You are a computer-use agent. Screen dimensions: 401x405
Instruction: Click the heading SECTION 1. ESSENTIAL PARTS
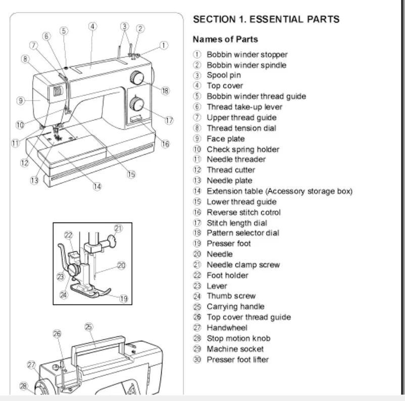[266, 19]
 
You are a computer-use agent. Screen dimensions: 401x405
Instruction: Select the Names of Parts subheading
[225, 39]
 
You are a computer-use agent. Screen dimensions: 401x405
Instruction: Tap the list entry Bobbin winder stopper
[247, 55]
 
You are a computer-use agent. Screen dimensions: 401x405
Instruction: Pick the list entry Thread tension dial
[241, 128]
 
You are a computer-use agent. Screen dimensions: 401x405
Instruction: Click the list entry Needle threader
[236, 159]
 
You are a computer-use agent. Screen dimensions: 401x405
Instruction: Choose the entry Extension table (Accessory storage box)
[279, 191]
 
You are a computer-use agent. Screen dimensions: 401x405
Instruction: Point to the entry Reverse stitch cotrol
[243, 212]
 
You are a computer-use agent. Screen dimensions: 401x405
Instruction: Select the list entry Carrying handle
[235, 306]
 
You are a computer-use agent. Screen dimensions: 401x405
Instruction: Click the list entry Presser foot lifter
[237, 360]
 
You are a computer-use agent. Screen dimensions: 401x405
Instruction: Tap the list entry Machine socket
[235, 349]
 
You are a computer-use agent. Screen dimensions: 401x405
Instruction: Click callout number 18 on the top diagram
[165, 91]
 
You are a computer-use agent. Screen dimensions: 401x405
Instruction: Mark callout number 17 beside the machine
[169, 120]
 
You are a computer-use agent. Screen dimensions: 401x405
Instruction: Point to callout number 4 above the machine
[93, 26]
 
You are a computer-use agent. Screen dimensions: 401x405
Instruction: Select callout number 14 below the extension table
[97, 186]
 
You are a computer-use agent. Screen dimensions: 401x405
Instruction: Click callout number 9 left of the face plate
[21, 101]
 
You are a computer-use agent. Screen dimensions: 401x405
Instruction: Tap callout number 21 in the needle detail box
[118, 228]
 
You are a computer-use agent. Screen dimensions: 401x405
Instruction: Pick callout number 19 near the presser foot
[123, 298]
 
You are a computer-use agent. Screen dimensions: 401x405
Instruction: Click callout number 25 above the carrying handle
[88, 327]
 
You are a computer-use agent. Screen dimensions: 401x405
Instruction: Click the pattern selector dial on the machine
[136, 78]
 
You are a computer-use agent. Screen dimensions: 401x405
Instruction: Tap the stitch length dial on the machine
[136, 105]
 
